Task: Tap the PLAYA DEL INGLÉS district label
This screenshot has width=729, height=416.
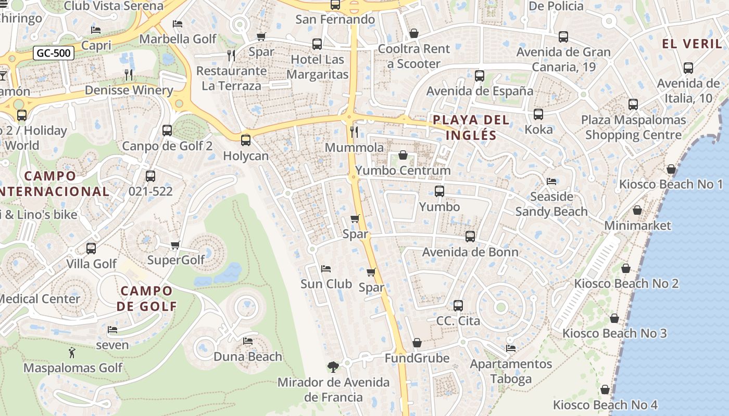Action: (x=471, y=128)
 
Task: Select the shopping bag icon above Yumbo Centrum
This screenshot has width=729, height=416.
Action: (x=403, y=155)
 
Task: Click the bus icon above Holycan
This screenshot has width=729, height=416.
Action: (x=245, y=140)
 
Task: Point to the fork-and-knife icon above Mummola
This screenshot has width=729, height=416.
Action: (x=354, y=132)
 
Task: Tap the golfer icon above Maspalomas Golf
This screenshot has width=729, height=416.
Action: (x=72, y=353)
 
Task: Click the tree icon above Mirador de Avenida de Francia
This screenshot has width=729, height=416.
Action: (x=333, y=367)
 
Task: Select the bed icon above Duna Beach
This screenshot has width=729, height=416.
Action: (x=248, y=341)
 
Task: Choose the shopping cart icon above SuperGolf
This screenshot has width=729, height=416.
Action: (x=175, y=245)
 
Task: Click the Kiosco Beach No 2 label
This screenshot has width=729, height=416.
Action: (x=626, y=284)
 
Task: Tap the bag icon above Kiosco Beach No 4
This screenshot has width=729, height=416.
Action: (x=605, y=389)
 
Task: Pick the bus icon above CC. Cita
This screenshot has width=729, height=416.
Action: (x=458, y=306)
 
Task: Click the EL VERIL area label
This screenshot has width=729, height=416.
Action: (x=692, y=44)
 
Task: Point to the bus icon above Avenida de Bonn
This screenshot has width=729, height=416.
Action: (x=470, y=237)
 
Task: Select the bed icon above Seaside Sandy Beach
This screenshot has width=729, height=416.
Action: (x=551, y=181)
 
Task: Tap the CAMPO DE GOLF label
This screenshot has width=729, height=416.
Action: (x=146, y=298)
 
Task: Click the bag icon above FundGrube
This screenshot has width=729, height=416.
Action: (x=417, y=343)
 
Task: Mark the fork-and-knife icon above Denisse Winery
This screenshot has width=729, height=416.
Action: (x=129, y=75)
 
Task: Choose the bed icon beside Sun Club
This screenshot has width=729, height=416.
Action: (x=326, y=269)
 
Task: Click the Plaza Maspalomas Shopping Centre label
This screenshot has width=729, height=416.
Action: (x=633, y=127)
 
